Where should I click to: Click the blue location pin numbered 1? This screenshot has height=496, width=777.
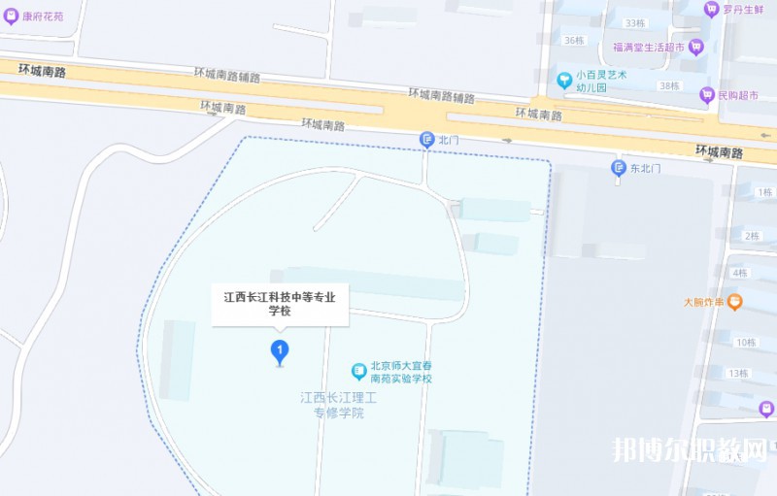(280, 349)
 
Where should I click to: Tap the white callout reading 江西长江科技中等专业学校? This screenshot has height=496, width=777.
(280, 305)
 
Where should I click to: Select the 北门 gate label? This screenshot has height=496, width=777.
(448, 140)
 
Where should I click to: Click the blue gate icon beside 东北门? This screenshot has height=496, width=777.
(618, 168)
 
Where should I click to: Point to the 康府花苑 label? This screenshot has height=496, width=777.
(43, 16)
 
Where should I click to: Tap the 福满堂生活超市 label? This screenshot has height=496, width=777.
(649, 46)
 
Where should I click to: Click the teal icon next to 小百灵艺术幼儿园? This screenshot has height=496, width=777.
(563, 79)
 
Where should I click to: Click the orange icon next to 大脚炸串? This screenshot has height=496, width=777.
(735, 302)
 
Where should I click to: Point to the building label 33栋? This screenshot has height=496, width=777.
(636, 22)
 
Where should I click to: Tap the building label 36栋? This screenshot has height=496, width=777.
(573, 40)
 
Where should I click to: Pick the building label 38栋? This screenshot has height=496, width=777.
(670, 85)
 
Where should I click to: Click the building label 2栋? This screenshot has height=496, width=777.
(751, 236)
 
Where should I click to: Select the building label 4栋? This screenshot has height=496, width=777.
(741, 273)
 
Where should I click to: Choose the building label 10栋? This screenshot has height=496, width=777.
(746, 342)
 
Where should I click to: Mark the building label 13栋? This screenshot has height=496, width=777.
(738, 373)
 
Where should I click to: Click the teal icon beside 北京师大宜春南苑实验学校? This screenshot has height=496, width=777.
(358, 371)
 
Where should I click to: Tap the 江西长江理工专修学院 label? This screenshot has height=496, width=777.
(337, 405)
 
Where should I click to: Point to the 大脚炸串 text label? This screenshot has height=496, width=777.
(703, 302)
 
